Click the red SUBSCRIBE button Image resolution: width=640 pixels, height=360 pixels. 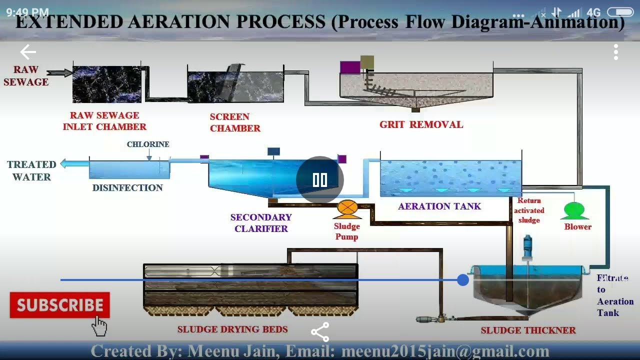[59, 305]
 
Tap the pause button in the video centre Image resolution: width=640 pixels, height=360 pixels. [320, 180]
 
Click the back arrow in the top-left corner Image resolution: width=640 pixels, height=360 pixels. [28, 52]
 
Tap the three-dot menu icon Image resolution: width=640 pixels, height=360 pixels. [616, 52]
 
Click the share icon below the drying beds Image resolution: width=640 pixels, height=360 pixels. [320, 331]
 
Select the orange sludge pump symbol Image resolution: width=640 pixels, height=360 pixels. [347, 208]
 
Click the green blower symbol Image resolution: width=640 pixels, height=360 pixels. [574, 210]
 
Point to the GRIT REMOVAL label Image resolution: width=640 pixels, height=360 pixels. [421, 124]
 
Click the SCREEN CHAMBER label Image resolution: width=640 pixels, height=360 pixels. [235, 122]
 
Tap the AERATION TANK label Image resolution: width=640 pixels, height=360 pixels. [439, 206]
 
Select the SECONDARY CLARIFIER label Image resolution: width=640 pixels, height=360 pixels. [261, 223]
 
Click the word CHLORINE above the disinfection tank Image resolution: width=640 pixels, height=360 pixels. [148, 144]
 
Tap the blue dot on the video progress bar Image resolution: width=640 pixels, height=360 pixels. [463, 280]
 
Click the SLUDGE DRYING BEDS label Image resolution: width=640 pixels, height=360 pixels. [232, 329]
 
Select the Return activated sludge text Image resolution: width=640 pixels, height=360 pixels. [529, 210]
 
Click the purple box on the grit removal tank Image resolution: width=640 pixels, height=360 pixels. [349, 67]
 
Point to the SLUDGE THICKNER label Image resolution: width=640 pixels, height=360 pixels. [528, 330]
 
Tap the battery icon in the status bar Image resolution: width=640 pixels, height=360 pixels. [620, 12]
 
